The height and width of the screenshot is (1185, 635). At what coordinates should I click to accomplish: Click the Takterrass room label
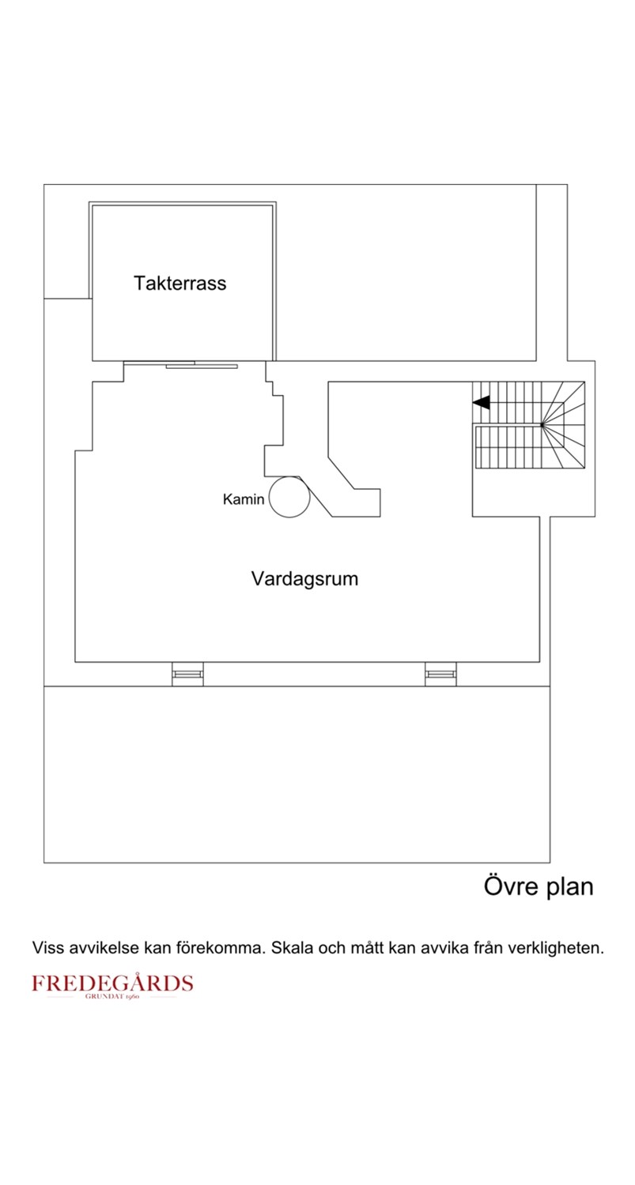[180, 283]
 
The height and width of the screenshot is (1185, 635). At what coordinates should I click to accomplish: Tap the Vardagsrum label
[304, 578]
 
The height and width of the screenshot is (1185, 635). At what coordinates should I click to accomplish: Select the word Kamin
[243, 499]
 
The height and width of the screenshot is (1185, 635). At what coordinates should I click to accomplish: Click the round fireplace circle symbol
[289, 497]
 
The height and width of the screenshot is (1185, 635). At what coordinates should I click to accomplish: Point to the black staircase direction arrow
[482, 403]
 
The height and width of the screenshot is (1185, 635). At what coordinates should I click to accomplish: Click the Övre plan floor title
[538, 886]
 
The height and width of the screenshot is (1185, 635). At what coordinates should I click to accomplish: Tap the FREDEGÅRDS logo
[112, 984]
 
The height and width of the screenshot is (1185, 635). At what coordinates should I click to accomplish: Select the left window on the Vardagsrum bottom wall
[187, 674]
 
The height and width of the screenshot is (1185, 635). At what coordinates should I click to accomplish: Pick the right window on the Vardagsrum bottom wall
[440, 674]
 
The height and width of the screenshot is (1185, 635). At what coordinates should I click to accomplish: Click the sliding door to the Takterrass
[201, 365]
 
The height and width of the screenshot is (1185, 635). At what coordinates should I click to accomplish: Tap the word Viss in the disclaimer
[46, 948]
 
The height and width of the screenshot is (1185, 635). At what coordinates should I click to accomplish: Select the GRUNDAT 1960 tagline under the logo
[112, 997]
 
